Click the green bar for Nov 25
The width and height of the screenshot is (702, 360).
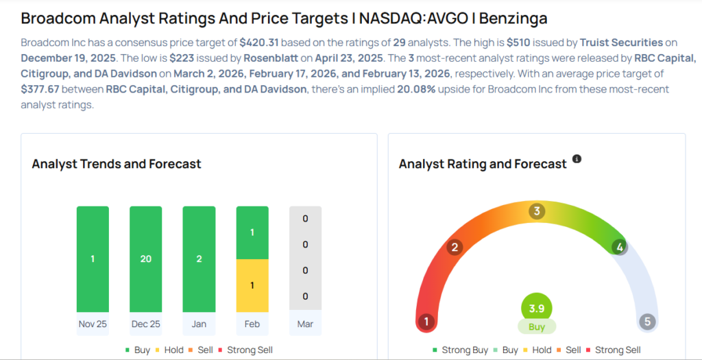click(x=93, y=259)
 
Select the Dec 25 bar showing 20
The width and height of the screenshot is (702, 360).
click(x=145, y=259)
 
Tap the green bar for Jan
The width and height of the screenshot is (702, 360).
click(x=199, y=259)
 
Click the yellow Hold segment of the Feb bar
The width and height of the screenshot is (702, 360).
click(x=252, y=285)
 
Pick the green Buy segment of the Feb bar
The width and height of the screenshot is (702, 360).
click(x=252, y=232)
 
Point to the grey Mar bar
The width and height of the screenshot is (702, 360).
click(x=305, y=259)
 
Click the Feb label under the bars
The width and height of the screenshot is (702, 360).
click(x=252, y=324)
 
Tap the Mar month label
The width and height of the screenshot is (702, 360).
click(x=305, y=324)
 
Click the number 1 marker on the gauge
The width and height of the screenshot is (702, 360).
click(x=426, y=322)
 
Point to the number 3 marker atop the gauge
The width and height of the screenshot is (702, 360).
click(x=537, y=211)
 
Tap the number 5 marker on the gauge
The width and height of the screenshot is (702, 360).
click(x=646, y=322)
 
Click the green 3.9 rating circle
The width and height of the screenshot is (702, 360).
click(x=537, y=309)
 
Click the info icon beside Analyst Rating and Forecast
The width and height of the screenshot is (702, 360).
click(x=577, y=159)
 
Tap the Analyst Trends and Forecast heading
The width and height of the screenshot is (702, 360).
click(x=117, y=164)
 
